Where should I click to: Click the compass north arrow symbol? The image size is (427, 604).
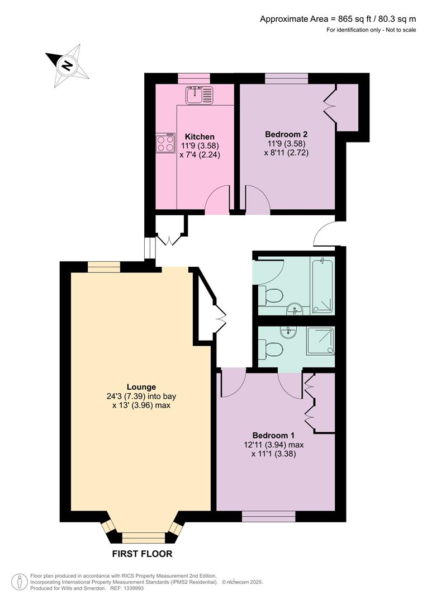pos(67,67)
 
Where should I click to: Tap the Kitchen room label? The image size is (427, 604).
pos(200,136)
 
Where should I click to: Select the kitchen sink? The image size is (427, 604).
pos(200,95)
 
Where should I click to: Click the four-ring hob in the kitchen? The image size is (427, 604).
pos(166,144)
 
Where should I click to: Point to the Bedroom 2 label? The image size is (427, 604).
pos(286,134)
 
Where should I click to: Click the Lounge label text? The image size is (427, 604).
pos(141,386)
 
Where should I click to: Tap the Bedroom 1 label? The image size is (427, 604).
pos(273,435)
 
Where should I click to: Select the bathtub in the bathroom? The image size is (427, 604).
pos(322,284)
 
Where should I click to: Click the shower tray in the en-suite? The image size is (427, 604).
pos(321,341)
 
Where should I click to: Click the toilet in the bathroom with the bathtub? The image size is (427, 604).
pos(272,295)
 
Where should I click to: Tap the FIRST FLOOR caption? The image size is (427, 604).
pos(142,554)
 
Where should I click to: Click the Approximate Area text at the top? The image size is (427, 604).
pos(338,18)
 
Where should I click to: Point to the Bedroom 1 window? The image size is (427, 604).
pos(268,516)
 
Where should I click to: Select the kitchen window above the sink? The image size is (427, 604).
pos(194,78)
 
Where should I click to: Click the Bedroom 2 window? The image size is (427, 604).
pos(286,78)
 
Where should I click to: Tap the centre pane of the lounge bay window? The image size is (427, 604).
pos(144,538)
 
